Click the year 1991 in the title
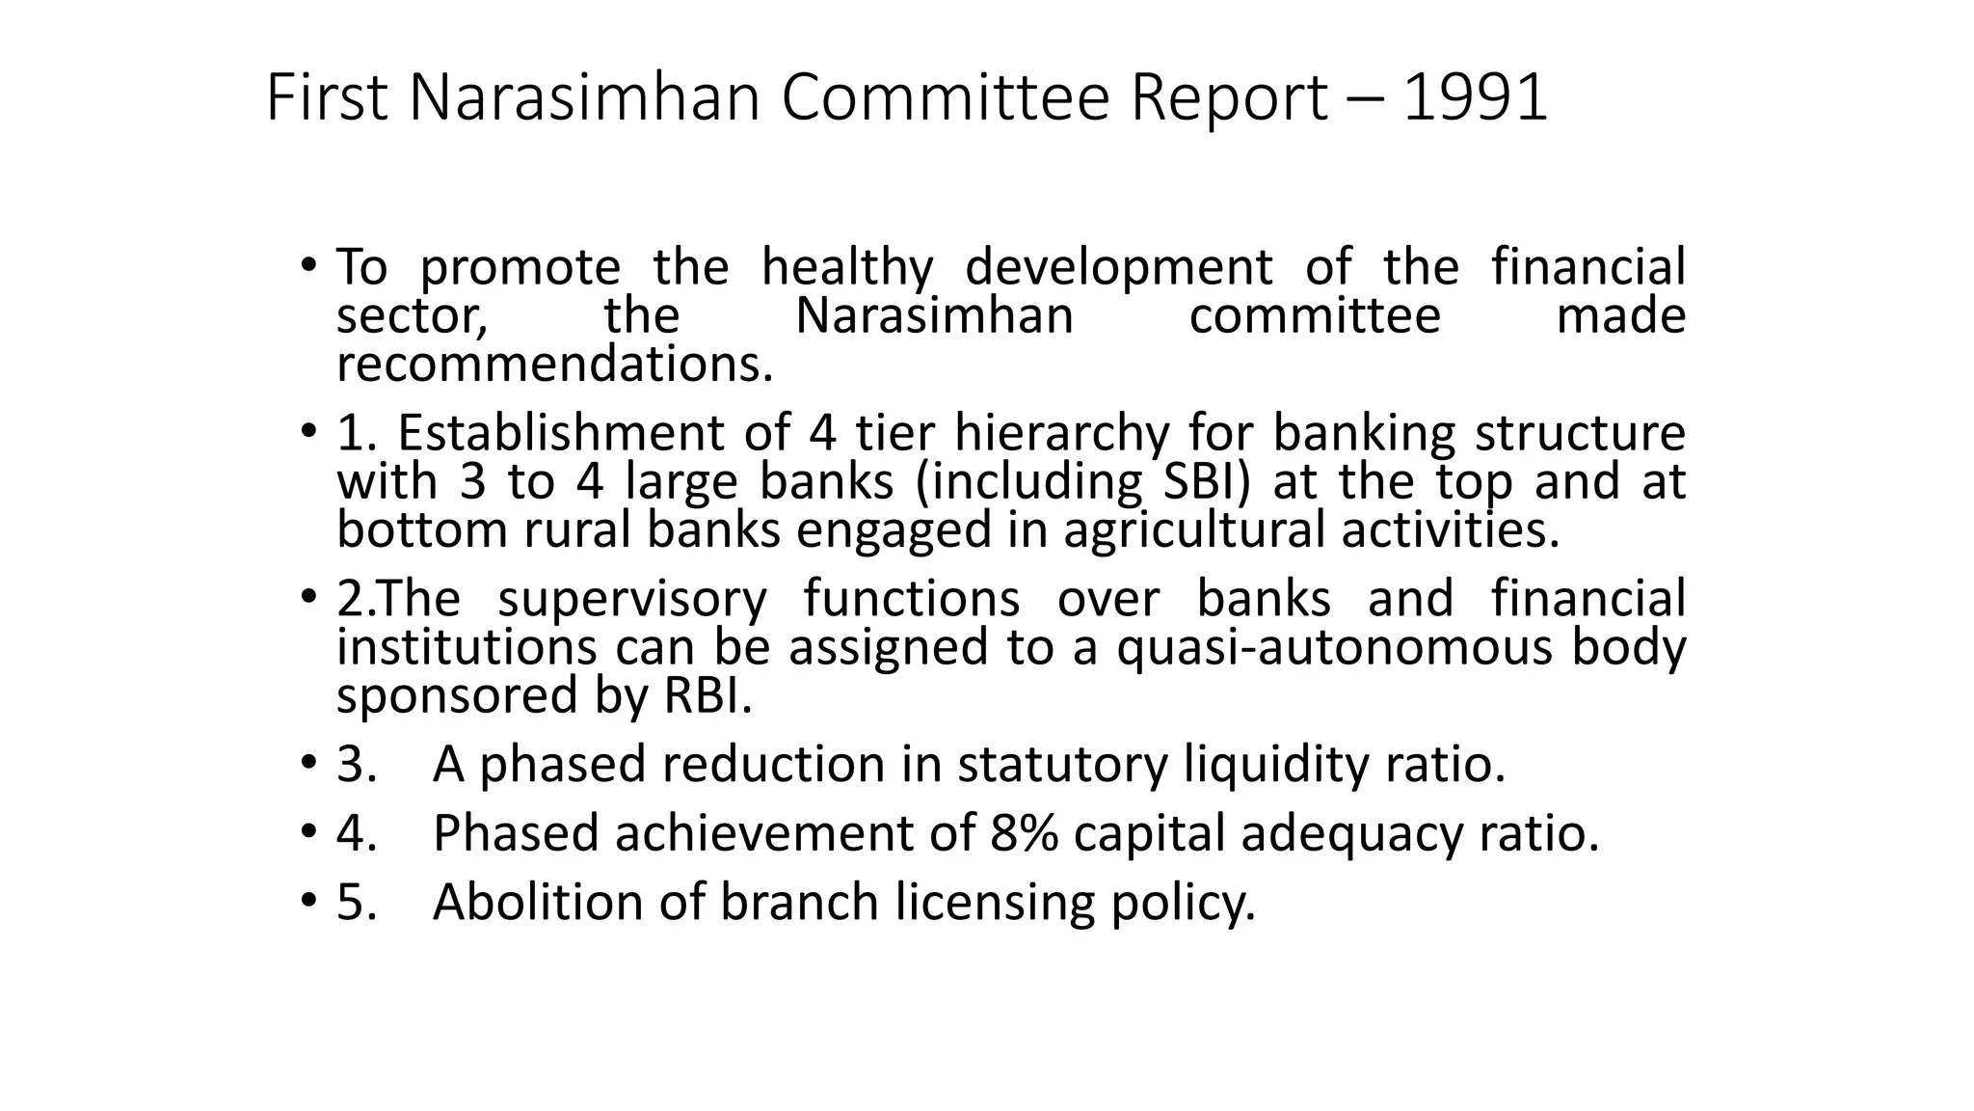[x=1475, y=98]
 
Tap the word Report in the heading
[x=1229, y=98]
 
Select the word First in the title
[x=326, y=98]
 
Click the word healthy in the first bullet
[x=847, y=267]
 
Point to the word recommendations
[x=554, y=365]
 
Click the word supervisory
[x=631, y=599]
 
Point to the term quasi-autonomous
[x=1335, y=647]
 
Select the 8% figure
[x=1024, y=833]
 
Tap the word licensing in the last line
[x=995, y=903]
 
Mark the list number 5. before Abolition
[x=356, y=903]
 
